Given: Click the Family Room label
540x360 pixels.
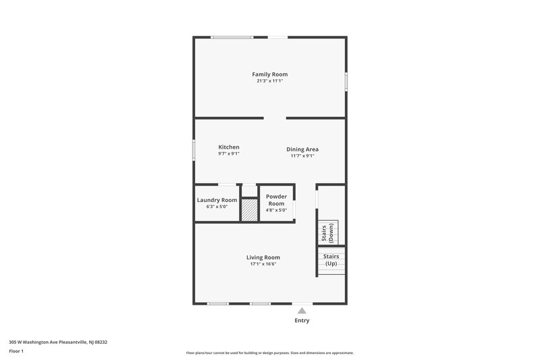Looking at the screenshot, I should pos(269,74).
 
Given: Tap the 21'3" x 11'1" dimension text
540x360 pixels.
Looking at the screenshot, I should pos(269,81).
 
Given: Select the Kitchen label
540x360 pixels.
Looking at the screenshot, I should pos(229,147).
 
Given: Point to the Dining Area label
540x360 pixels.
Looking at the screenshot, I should pos(302,149).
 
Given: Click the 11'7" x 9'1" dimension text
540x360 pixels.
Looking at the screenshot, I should pos(302,156).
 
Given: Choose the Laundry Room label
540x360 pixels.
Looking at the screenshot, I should pos(217,200).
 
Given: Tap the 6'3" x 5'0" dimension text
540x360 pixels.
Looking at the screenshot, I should pos(217,207).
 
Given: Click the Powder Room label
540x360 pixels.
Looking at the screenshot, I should pos(277,200).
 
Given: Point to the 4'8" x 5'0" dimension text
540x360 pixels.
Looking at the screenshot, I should pos(277,210).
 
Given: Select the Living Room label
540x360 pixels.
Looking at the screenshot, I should pos(263,257).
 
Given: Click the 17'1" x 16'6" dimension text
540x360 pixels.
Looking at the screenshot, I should pos(263,264).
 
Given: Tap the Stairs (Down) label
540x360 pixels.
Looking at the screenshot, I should pos(327,232).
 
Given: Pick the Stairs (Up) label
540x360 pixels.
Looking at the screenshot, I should pos(331,260).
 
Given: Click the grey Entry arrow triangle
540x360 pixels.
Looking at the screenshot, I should pos(302,311).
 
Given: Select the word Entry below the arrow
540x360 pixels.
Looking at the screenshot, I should pos(302,320).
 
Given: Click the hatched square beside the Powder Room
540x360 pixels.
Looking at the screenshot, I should pos(250,209).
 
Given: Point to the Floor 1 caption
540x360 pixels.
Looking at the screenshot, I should pos(16,351).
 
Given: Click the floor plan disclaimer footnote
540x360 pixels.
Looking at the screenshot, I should pos(269,353).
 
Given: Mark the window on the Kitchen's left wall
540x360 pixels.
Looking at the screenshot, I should pos(194,149).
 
